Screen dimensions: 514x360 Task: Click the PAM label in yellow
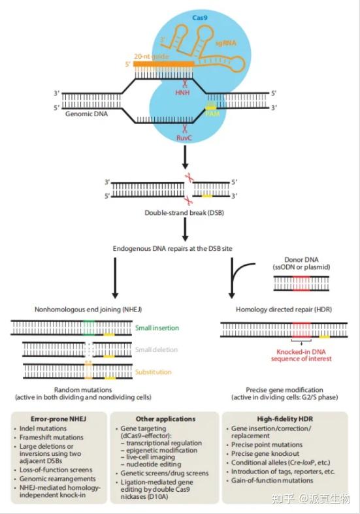pyautogui.click(x=212, y=114)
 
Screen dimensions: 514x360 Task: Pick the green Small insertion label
pyautogui.click(x=157, y=327)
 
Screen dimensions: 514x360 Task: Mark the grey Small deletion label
pyautogui.click(x=156, y=350)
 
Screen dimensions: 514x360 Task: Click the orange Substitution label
pyautogui.click(x=154, y=372)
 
